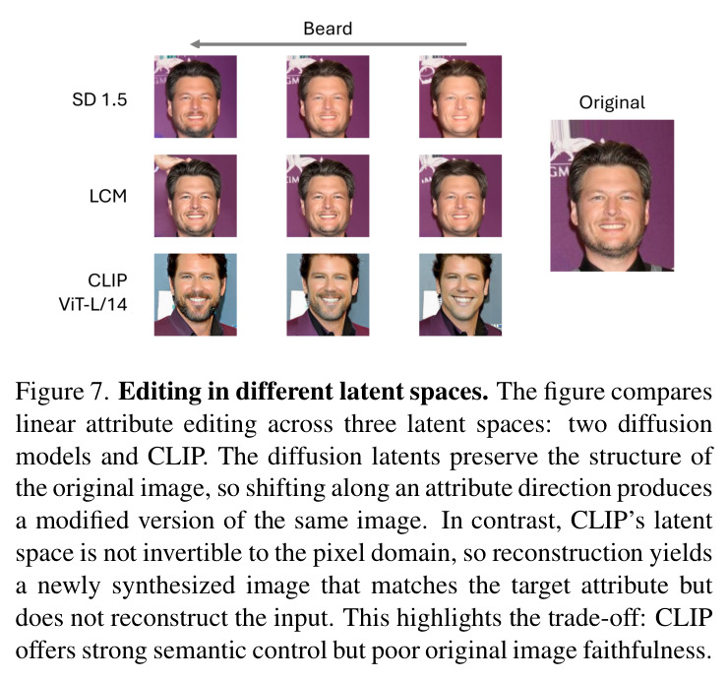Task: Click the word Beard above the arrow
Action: tap(328, 29)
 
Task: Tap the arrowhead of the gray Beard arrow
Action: tap(195, 43)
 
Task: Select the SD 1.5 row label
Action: tap(99, 99)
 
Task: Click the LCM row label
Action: tap(107, 196)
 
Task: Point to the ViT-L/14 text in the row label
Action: tap(92, 304)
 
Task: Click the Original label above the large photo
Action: tap(612, 102)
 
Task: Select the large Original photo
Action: tap(612, 196)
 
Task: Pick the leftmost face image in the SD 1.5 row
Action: tap(196, 96)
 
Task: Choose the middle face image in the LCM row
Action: tap(328, 196)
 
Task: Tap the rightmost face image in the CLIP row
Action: tap(460, 294)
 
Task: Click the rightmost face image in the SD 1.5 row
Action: tap(460, 96)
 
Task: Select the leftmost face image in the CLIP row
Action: tap(196, 294)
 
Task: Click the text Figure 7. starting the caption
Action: tap(62, 392)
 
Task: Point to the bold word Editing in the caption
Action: tap(159, 393)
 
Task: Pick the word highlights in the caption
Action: tap(448, 618)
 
